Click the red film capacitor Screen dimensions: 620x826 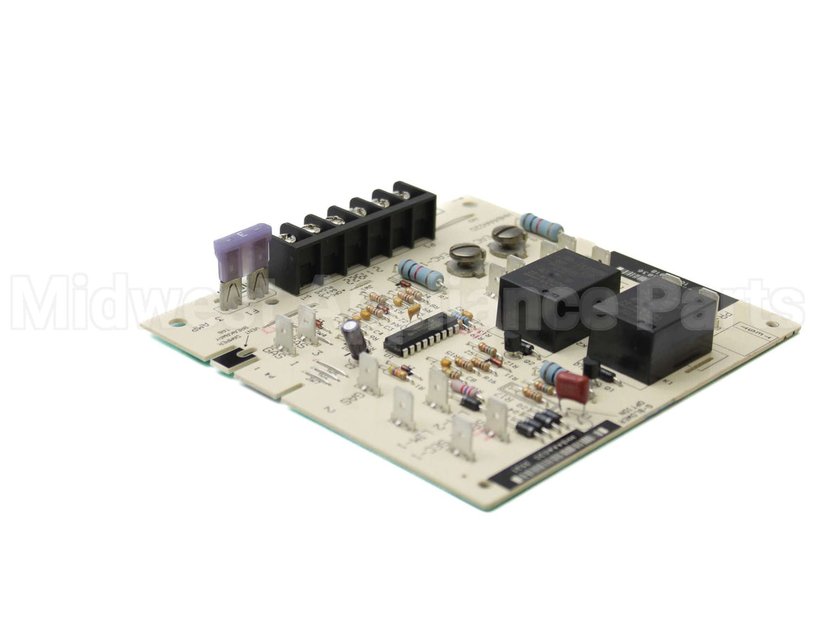coord(572,386)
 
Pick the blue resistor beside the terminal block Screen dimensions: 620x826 coord(420,274)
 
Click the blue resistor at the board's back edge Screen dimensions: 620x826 coord(542,226)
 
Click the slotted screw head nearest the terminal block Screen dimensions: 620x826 coord(467,255)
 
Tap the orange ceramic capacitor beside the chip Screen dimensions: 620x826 coord(414,310)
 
